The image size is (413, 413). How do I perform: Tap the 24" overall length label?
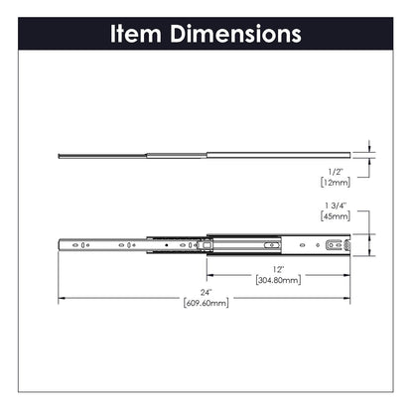pyautogui.click(x=206, y=292)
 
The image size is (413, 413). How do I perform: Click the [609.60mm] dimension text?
pyautogui.click(x=206, y=303)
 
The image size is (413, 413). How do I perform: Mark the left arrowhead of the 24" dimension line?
pyautogui.click(x=61, y=297)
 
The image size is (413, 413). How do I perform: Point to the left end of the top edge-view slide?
pyautogui.click(x=60, y=154)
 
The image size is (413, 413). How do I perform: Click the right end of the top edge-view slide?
pyautogui.click(x=352, y=152)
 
